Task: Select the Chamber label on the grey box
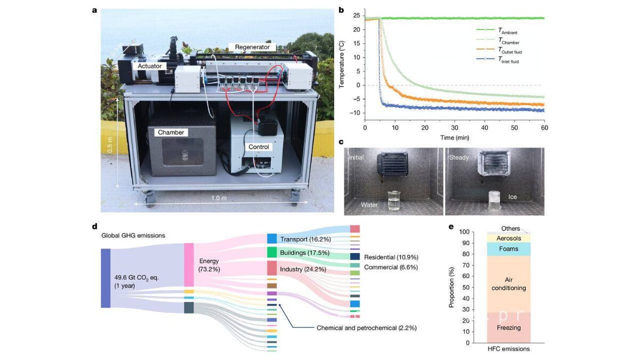(171, 132)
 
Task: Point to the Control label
(259, 147)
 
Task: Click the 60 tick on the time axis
(544, 129)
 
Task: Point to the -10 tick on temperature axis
(355, 113)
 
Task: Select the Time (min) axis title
(454, 138)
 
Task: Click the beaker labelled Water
(394, 201)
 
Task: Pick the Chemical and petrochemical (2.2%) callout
(366, 328)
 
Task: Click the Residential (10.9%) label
(390, 257)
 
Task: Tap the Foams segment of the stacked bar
(508, 249)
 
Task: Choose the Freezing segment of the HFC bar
(508, 327)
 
